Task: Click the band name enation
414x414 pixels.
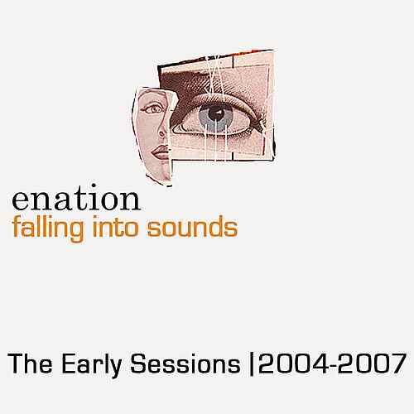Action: click(x=76, y=197)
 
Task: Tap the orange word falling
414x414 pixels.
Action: click(x=48, y=229)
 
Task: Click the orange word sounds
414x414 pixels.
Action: click(x=192, y=227)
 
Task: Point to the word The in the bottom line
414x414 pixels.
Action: click(x=30, y=363)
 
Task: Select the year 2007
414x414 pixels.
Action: click(x=373, y=363)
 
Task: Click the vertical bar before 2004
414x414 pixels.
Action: click(x=251, y=365)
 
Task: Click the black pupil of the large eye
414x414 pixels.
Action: click(x=215, y=113)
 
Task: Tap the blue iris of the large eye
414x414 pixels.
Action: click(x=215, y=116)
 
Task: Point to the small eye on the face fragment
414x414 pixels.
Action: click(x=153, y=109)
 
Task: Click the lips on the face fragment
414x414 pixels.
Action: click(x=160, y=152)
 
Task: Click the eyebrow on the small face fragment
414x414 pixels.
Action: click(x=152, y=99)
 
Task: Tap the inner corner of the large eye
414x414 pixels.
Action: click(x=176, y=128)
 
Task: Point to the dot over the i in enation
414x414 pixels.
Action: click(x=94, y=186)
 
